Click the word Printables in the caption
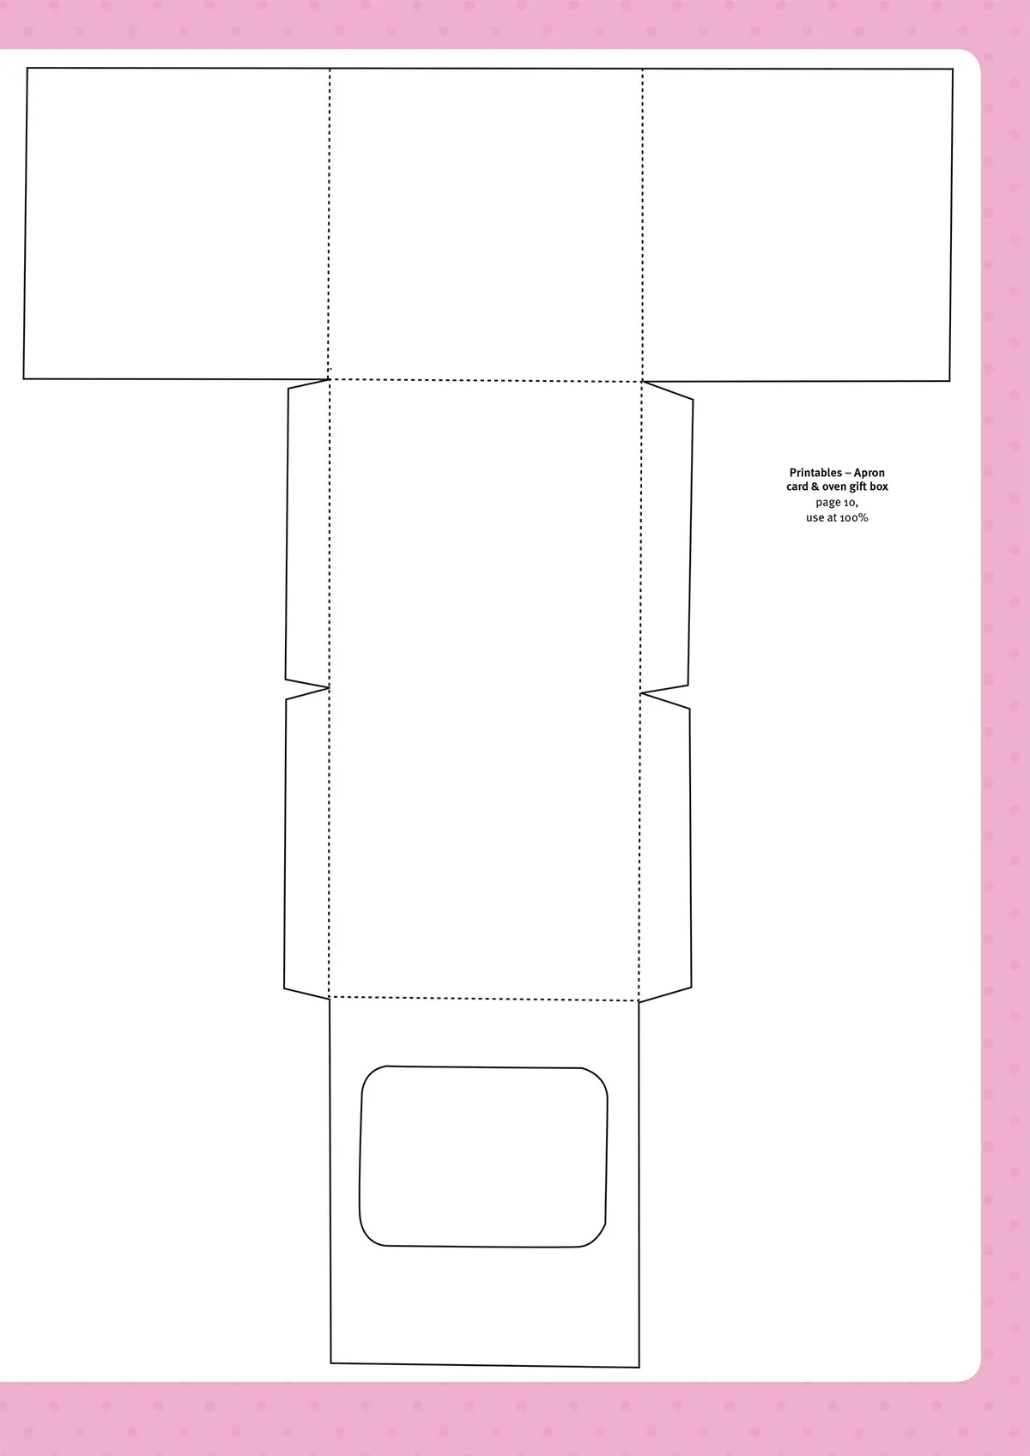[x=815, y=473]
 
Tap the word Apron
[x=869, y=473]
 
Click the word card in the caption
[x=797, y=486]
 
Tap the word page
[x=828, y=503]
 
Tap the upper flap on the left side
[x=307, y=533]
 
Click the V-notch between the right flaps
[x=642, y=693]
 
